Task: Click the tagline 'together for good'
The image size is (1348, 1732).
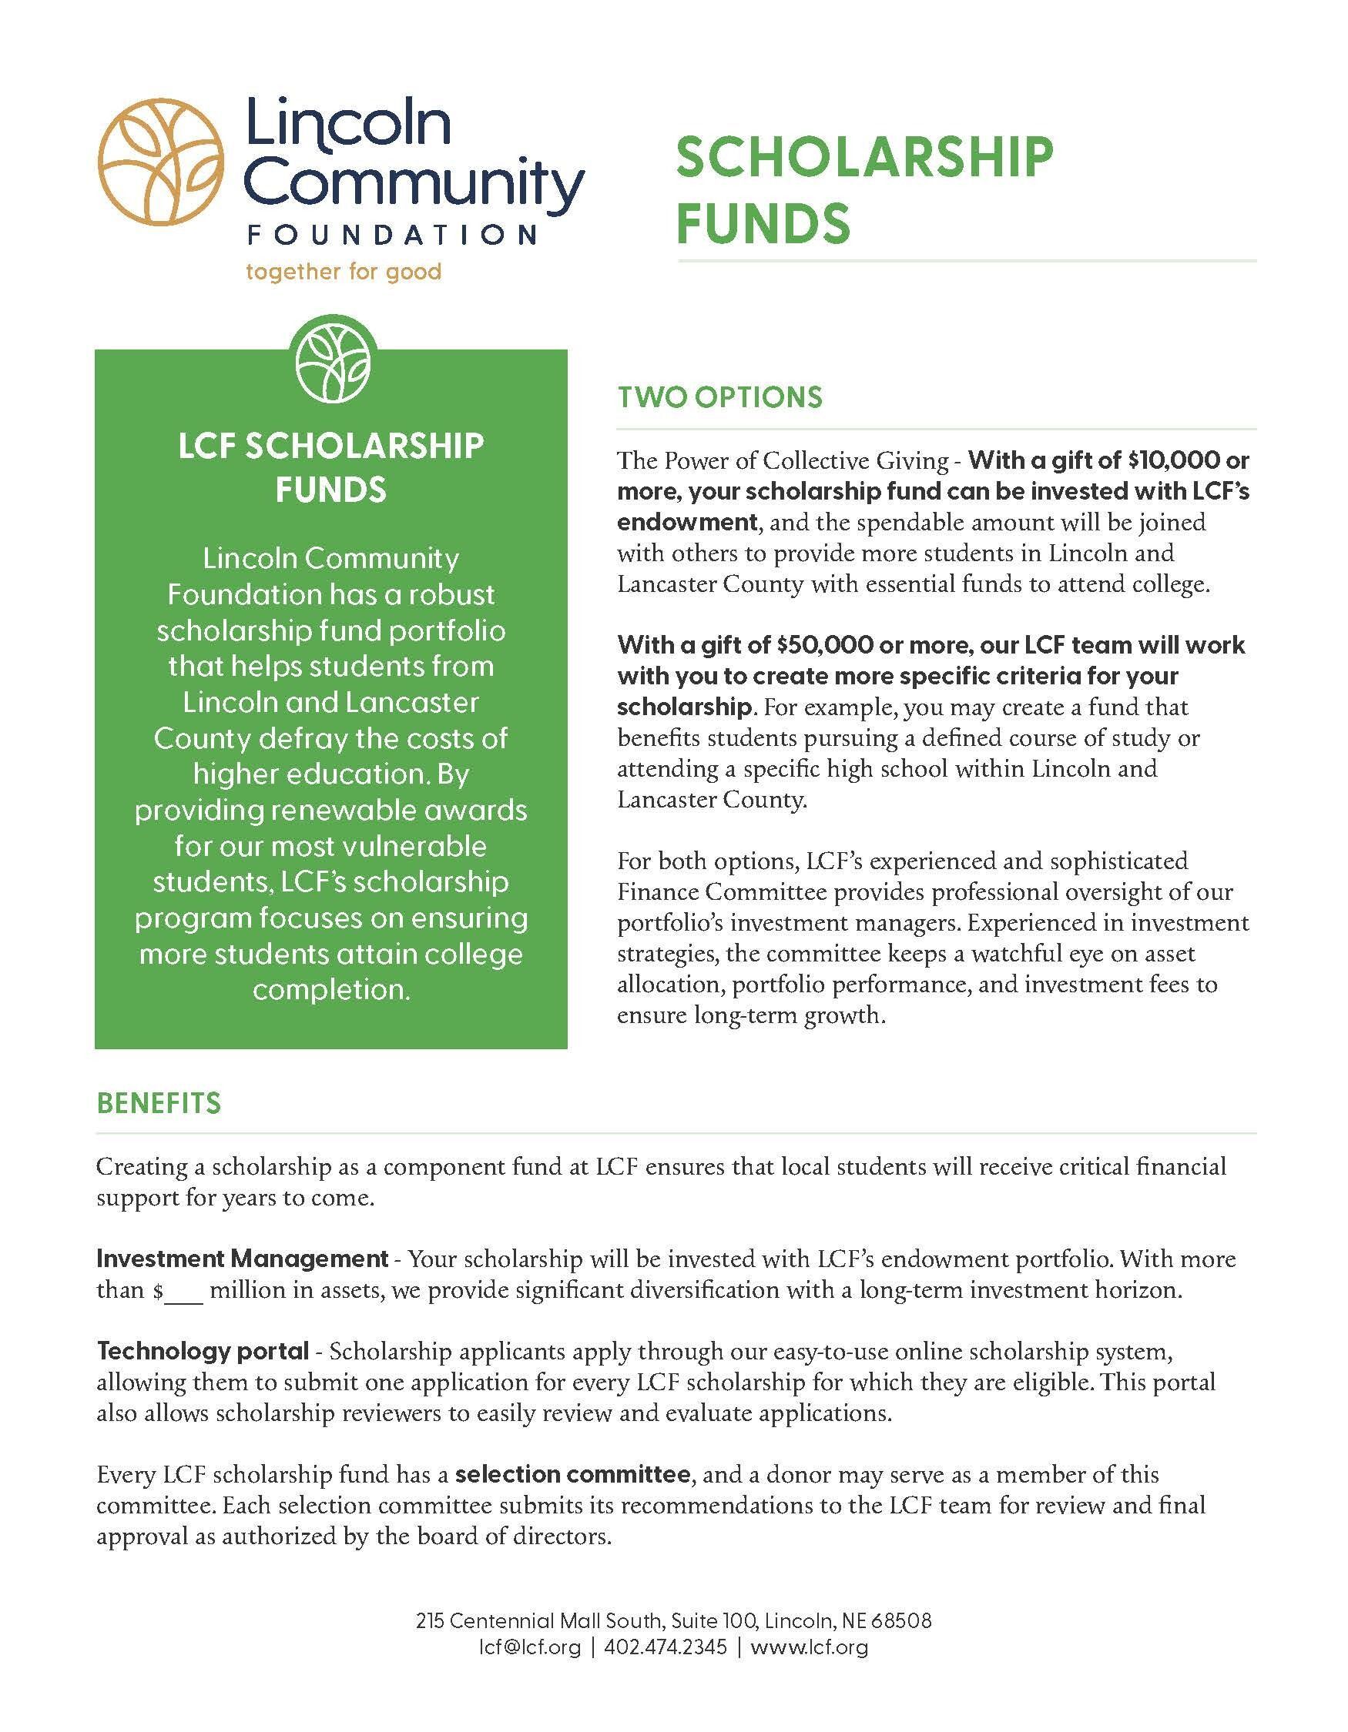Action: click(x=343, y=272)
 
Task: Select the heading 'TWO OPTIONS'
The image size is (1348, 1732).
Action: click(x=719, y=397)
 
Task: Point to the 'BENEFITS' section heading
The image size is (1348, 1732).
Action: click(x=159, y=1103)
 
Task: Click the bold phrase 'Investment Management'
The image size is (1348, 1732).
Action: click(x=242, y=1259)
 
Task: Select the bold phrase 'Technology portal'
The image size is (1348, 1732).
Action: click(x=203, y=1350)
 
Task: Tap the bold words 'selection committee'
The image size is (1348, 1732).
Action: click(x=572, y=1474)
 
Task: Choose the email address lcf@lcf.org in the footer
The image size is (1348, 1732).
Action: click(x=530, y=1647)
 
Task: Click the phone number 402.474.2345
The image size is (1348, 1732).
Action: click(x=665, y=1647)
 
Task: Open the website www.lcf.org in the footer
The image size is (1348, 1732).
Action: click(x=809, y=1647)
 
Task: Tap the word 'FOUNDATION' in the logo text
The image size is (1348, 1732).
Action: click(x=392, y=235)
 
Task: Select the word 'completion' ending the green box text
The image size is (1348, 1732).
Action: click(x=329, y=990)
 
